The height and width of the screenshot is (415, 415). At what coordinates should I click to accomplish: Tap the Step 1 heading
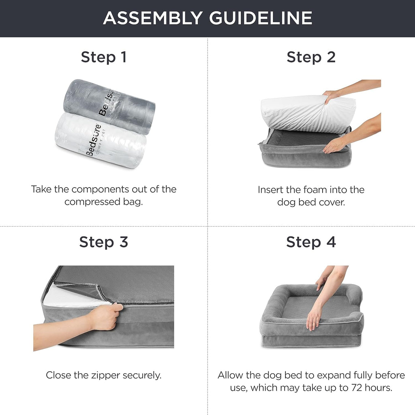pyautogui.click(x=104, y=57)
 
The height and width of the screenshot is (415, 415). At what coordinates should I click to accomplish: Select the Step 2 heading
pyautogui.click(x=311, y=57)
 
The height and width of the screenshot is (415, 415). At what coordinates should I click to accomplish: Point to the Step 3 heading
pyautogui.click(x=104, y=242)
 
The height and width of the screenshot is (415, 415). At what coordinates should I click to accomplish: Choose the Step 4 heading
pyautogui.click(x=311, y=242)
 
